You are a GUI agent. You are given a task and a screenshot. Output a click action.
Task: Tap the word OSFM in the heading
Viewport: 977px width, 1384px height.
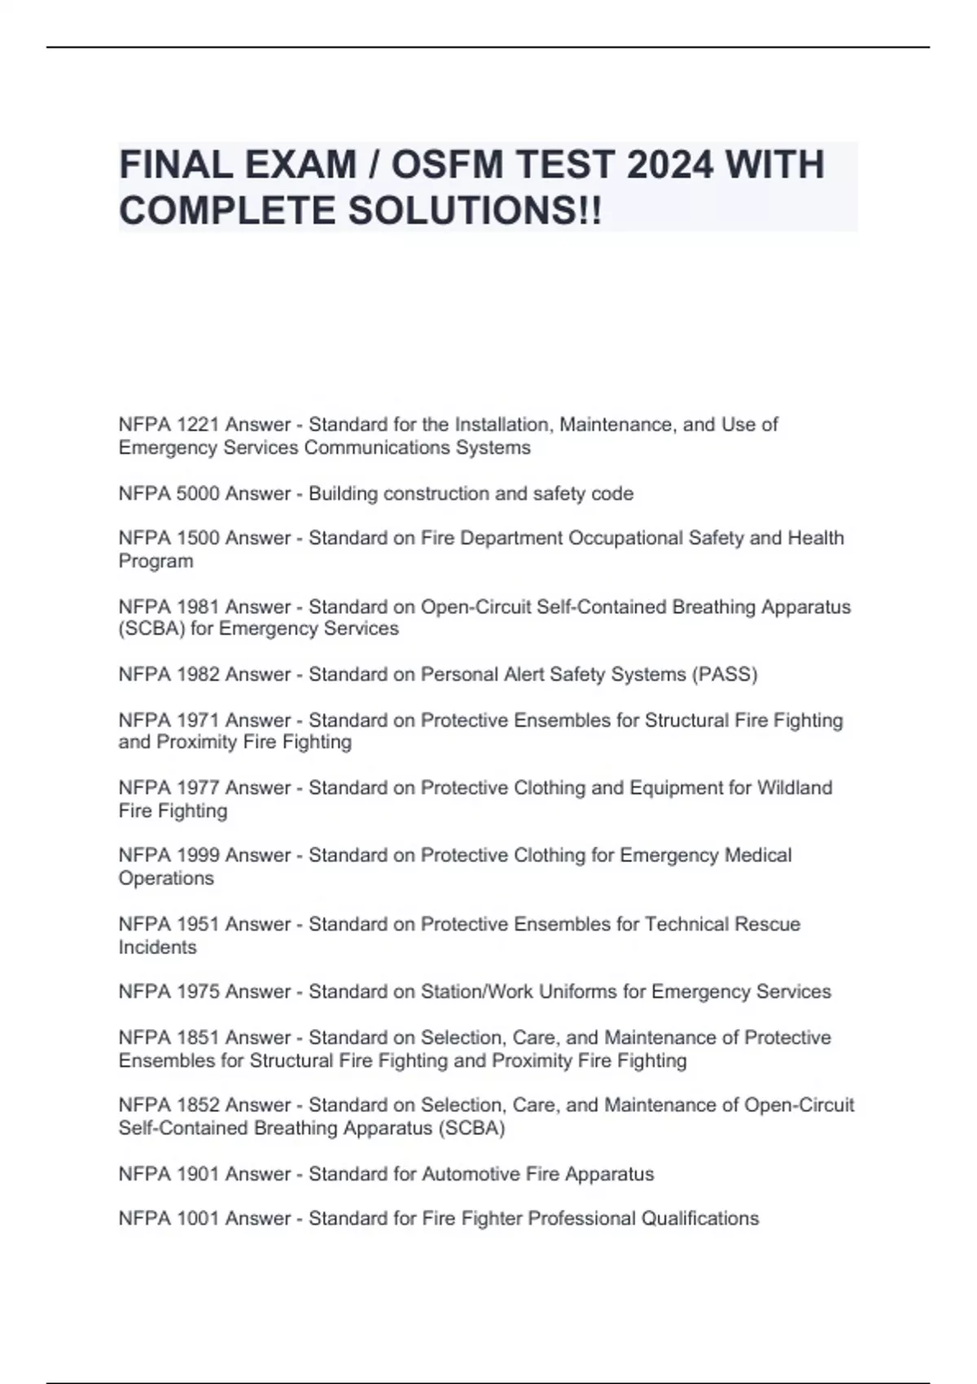click(449, 165)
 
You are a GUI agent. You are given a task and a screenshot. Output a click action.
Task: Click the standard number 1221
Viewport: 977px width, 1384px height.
click(198, 425)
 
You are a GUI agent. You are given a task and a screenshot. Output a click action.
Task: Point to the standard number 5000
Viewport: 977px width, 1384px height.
click(198, 494)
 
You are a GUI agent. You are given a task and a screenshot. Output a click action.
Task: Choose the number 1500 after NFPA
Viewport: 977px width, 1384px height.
click(198, 538)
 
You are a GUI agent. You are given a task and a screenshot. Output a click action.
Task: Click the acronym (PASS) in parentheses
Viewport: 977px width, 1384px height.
click(724, 675)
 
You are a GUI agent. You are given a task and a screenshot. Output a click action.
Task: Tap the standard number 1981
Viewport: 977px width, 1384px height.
click(198, 607)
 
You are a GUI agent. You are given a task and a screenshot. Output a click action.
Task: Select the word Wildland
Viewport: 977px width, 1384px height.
click(795, 788)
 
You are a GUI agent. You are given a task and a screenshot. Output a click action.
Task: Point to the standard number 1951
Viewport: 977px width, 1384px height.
click(198, 925)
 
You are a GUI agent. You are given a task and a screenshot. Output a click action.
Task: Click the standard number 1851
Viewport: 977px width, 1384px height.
click(198, 1038)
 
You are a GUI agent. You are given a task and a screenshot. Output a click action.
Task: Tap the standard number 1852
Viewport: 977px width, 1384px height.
click(198, 1106)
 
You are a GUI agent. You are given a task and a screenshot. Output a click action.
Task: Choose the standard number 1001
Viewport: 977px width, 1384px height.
click(198, 1219)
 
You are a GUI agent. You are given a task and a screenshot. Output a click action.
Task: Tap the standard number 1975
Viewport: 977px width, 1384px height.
click(198, 992)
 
